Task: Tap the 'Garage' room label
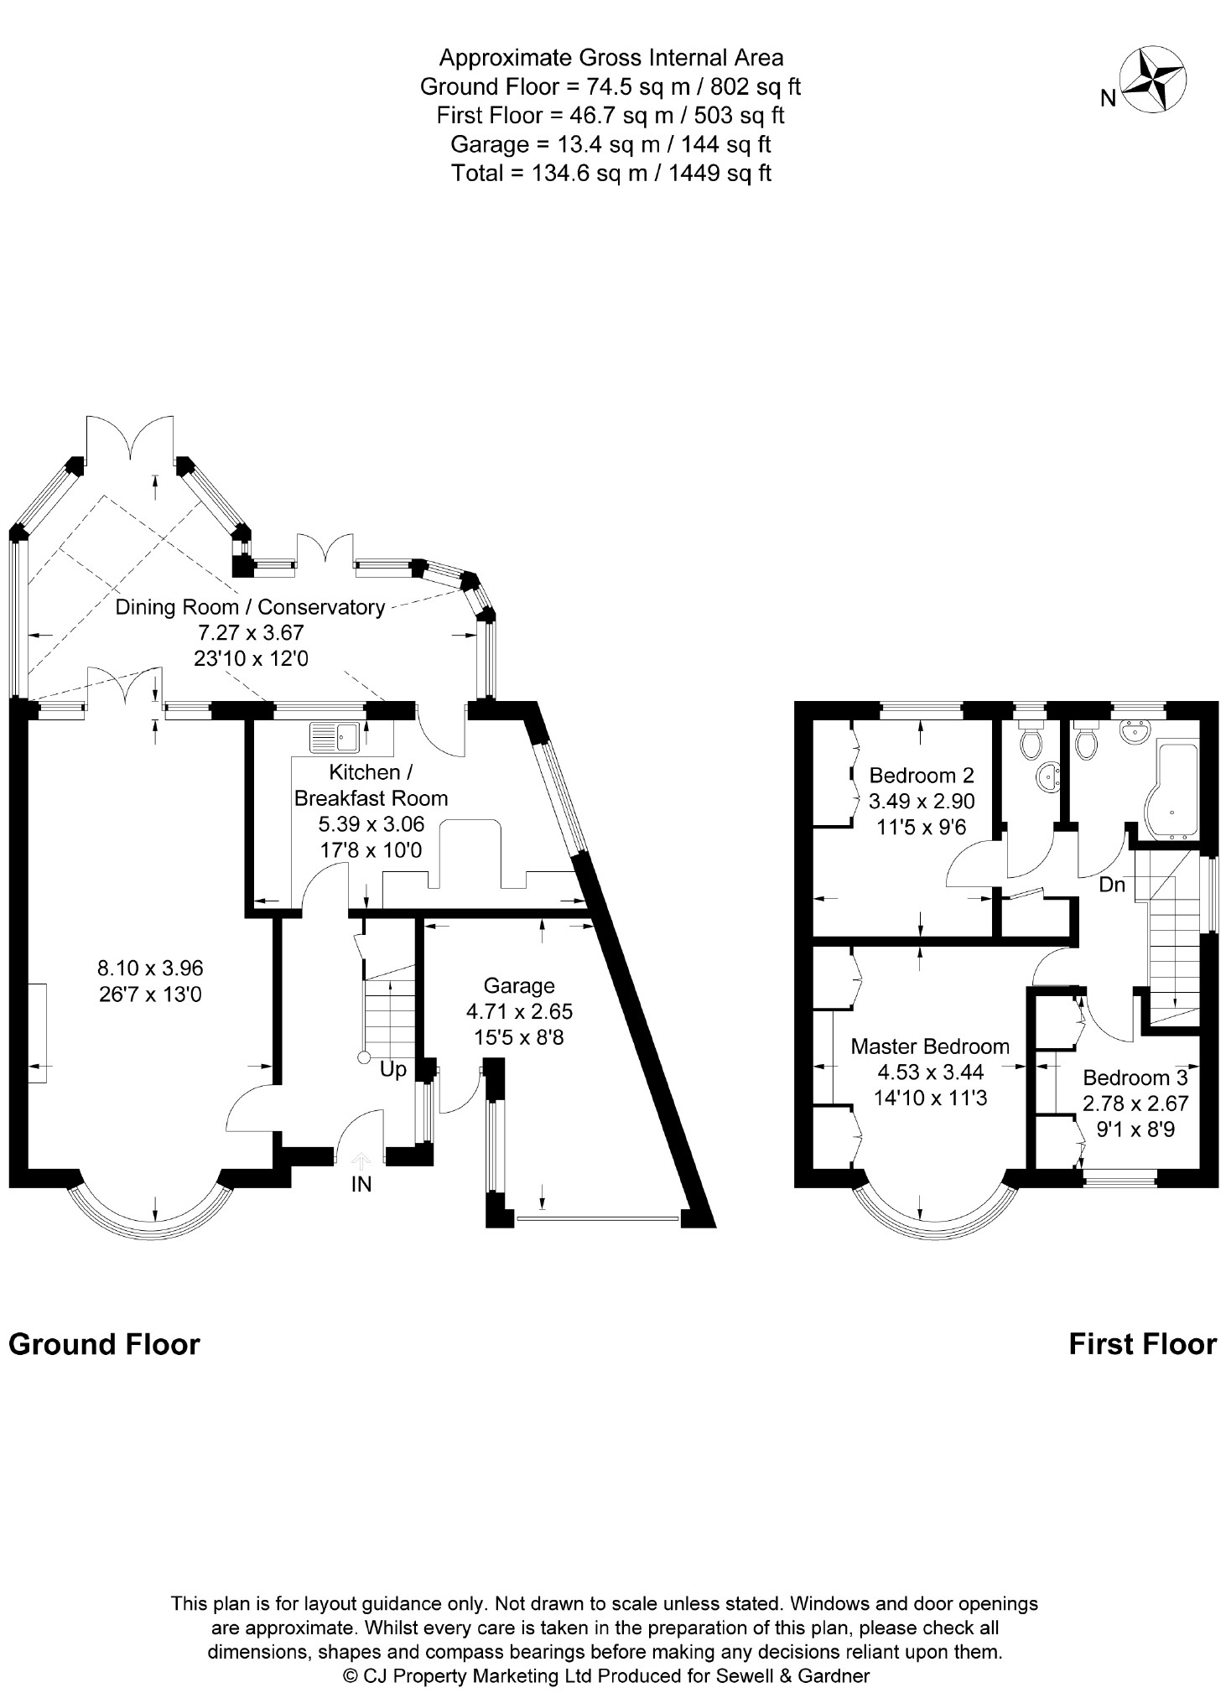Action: [519, 986]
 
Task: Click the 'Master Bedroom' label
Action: [930, 1046]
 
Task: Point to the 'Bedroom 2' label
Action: [922, 775]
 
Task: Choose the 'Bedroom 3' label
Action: [1135, 1077]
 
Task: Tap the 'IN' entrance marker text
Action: [361, 1184]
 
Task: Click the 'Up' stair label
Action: [393, 1070]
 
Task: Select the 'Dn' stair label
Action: [1112, 885]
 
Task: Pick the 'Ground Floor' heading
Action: [104, 1344]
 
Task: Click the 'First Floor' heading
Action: [1142, 1344]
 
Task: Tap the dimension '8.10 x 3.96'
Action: [151, 968]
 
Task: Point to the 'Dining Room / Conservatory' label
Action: [250, 607]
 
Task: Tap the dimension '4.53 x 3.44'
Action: [930, 1072]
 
